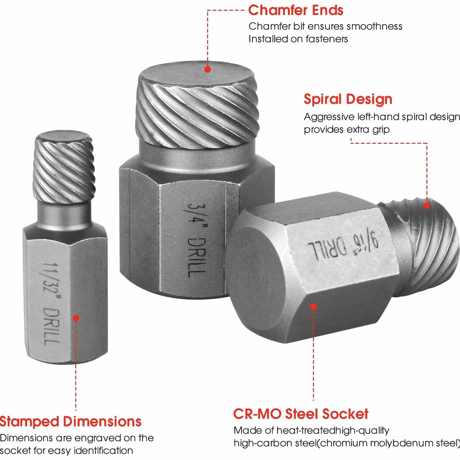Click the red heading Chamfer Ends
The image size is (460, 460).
(296, 10)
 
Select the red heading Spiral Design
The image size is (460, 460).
(348, 99)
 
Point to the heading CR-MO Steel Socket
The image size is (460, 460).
(301, 414)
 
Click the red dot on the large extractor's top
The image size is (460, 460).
(208, 69)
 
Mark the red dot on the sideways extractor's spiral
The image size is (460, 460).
(427, 206)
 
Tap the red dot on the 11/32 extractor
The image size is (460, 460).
(76, 318)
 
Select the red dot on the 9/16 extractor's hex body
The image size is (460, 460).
(313, 307)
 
